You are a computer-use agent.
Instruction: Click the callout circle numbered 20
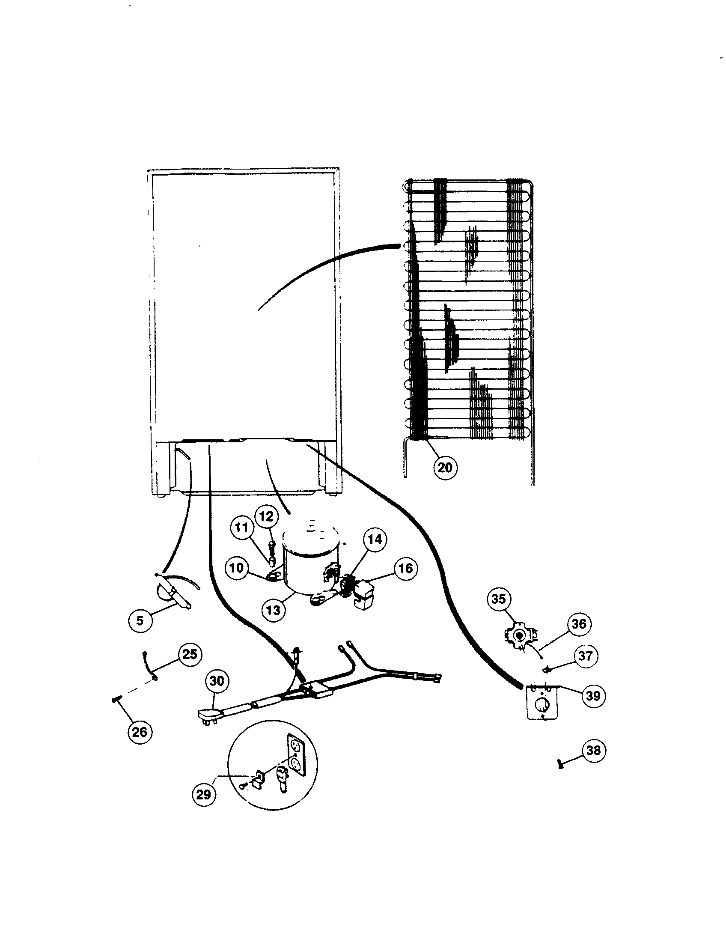444,467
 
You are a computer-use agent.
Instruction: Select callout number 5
140,621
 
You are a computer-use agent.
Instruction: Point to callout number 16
405,568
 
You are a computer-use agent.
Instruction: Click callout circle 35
499,599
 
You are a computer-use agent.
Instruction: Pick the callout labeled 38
594,750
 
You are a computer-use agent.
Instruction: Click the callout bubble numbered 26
139,731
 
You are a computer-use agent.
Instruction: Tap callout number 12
266,517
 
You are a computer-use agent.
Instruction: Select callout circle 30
217,681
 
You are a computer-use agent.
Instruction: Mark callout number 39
593,695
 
